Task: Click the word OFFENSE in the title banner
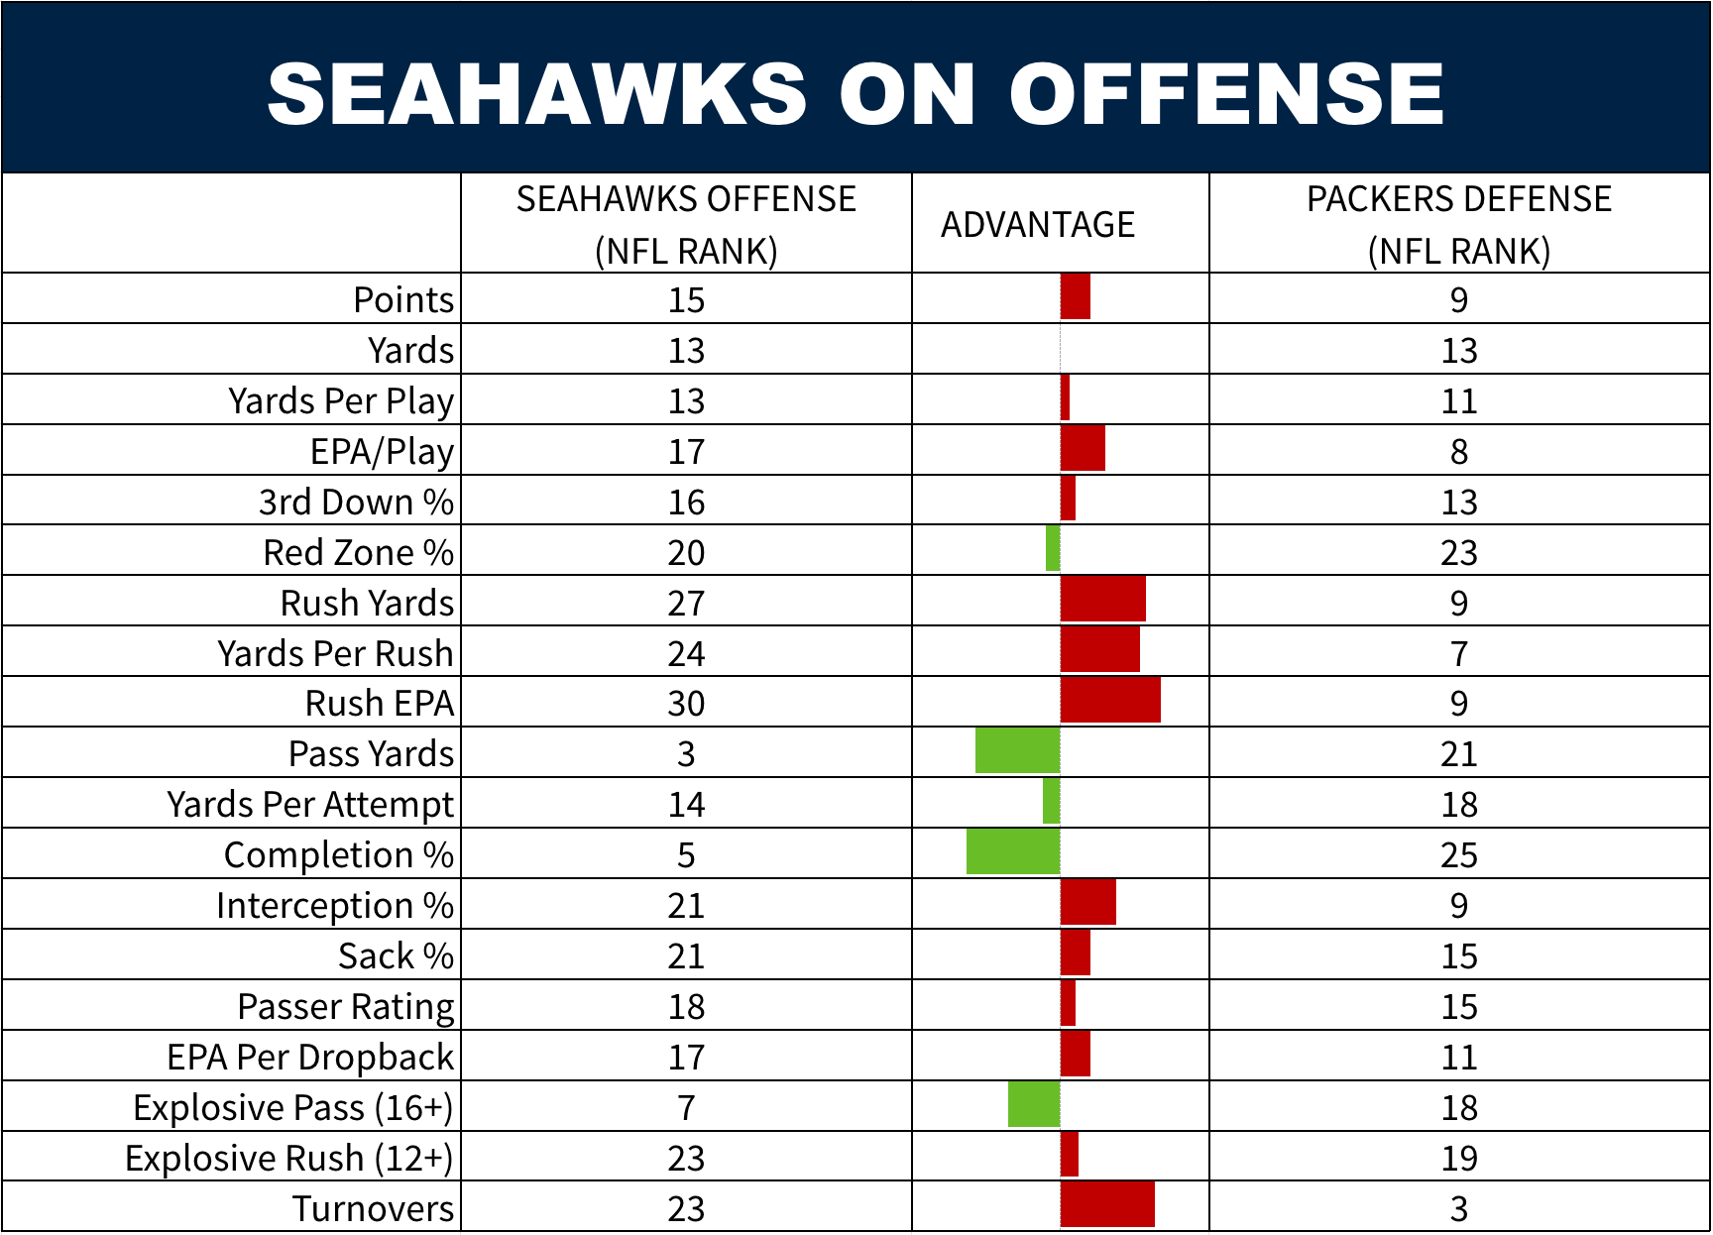1226,94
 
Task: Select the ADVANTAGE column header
1037,225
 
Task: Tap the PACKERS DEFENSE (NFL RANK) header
1458,225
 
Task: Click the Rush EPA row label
379,703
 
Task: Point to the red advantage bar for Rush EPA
1110,700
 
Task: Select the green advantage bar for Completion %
1013,851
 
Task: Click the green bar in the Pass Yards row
1017,750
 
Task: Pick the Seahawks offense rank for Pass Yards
686,754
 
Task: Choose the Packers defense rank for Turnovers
1458,1208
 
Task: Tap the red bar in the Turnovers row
1107,1204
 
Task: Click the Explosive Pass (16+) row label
293,1107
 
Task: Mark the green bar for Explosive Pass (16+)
1034,1104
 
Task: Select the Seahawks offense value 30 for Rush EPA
686,704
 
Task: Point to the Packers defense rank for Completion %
1458,854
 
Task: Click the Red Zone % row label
358,552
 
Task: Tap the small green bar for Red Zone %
1053,548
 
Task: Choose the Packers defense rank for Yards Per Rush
1458,653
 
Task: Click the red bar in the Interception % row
1087,902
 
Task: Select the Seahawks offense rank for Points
686,299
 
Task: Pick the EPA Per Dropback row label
310,1057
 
